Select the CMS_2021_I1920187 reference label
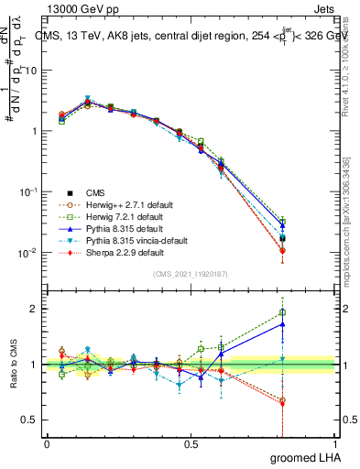[x=191, y=274]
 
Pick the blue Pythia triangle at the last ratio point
[x=282, y=323]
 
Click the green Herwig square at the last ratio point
[x=282, y=312]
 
